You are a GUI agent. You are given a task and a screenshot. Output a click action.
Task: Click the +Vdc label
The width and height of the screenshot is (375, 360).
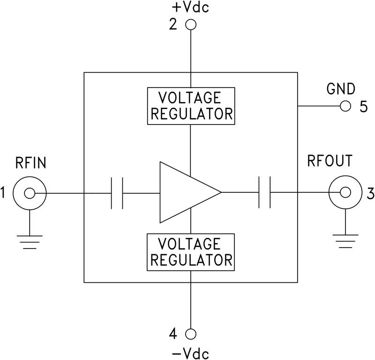click(x=191, y=8)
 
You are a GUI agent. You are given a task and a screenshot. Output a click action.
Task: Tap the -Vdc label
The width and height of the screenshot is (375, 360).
click(x=191, y=352)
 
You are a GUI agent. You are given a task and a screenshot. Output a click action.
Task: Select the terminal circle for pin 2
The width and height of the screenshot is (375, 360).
click(x=191, y=25)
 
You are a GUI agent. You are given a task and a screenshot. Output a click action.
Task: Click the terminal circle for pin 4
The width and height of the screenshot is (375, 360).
click(x=191, y=334)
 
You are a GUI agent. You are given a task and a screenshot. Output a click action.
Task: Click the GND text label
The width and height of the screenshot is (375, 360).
click(x=341, y=89)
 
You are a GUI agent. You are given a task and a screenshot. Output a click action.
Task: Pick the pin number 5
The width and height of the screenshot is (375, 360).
click(x=364, y=107)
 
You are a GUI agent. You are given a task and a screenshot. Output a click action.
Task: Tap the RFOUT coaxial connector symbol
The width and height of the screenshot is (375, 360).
click(x=345, y=192)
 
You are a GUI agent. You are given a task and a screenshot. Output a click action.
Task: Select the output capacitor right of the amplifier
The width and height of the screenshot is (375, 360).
click(x=265, y=192)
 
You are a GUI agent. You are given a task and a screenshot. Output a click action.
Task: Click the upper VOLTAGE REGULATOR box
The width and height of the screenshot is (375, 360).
click(x=191, y=105)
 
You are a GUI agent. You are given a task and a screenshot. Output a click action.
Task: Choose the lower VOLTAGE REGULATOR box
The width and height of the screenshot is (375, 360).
click(x=191, y=252)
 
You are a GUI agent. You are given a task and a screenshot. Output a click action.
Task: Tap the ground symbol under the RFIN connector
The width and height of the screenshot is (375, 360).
click(x=30, y=241)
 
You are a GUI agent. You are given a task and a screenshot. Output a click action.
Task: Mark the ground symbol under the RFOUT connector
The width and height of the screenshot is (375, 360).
click(x=345, y=242)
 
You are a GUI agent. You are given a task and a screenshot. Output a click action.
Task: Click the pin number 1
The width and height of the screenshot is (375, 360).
click(x=4, y=193)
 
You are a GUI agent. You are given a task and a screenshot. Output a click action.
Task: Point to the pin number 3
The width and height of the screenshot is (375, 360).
click(x=370, y=193)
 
